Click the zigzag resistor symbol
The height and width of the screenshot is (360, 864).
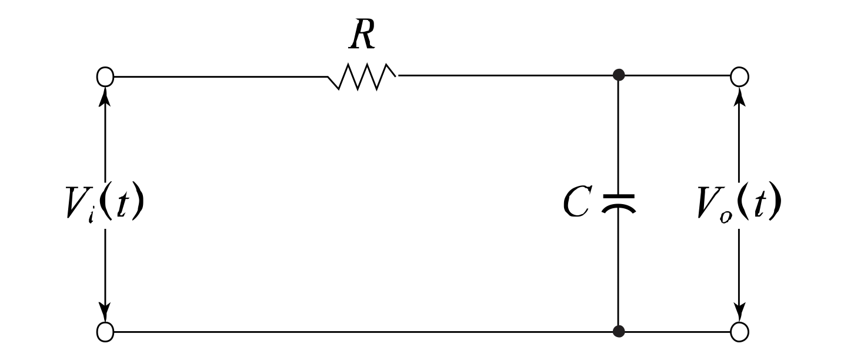click(x=362, y=77)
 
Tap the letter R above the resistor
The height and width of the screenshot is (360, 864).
click(x=362, y=37)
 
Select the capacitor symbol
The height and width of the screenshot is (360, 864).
click(x=618, y=202)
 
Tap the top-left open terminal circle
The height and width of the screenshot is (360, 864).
click(x=105, y=76)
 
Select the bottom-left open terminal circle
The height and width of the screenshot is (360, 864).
click(x=105, y=332)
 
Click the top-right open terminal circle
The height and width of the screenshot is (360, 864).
click(x=739, y=76)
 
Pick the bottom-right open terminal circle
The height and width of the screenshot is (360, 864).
click(x=739, y=332)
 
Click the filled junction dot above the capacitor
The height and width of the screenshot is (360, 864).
click(x=618, y=75)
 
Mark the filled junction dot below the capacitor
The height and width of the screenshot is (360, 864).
click(x=618, y=332)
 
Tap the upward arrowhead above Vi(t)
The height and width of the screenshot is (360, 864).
click(x=105, y=95)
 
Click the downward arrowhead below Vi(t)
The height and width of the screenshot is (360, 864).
click(x=105, y=313)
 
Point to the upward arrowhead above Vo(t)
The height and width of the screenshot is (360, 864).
click(x=740, y=95)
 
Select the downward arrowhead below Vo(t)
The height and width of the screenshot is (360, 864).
click(x=740, y=313)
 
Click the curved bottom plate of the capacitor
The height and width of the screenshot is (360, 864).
click(x=618, y=208)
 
